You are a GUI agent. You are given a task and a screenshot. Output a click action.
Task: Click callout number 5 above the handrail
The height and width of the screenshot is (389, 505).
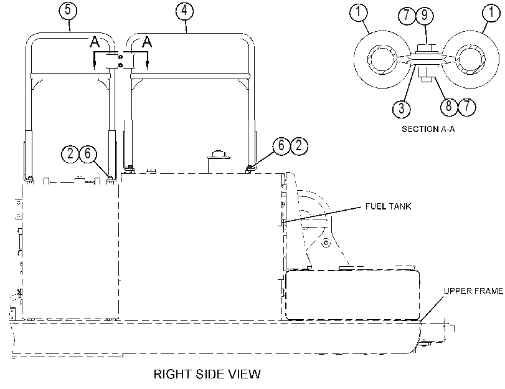tap(68, 10)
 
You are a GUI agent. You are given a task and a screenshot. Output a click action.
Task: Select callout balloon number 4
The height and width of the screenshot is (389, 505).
tap(184, 11)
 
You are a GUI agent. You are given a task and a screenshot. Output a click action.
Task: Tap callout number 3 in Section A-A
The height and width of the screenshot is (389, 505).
tap(401, 108)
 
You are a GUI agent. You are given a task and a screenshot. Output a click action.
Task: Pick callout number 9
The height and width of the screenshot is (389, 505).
tap(424, 15)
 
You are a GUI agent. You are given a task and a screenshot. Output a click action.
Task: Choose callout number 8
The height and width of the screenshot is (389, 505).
tap(448, 106)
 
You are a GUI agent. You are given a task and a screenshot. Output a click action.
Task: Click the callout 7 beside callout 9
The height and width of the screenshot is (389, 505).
tap(407, 15)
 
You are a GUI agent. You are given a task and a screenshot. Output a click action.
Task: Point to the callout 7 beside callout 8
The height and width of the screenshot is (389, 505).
tap(466, 106)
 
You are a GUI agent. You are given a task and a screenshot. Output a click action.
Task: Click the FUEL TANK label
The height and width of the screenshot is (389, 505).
tap(388, 206)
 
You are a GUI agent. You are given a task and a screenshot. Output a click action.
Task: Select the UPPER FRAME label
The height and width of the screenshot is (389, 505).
tap(473, 291)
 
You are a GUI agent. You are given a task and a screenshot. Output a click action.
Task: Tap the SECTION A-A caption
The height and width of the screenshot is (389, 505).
tap(428, 129)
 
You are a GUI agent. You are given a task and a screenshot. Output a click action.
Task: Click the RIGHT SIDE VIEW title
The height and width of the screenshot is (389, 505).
tap(207, 374)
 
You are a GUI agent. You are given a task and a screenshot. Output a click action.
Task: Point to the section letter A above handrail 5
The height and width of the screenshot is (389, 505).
tap(95, 42)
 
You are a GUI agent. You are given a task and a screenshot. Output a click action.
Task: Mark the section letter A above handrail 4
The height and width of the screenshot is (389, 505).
tap(147, 42)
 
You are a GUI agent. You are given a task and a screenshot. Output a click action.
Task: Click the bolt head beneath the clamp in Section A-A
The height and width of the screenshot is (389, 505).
tap(427, 75)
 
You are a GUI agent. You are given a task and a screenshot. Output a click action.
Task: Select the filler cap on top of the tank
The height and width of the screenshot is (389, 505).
tap(218, 154)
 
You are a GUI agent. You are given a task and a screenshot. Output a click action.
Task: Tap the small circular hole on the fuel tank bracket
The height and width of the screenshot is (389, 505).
tap(326, 243)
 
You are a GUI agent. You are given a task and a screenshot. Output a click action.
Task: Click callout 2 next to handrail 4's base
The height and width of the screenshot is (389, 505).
tap(299, 145)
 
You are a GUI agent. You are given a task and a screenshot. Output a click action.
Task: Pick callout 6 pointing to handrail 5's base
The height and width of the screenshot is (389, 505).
tap(88, 153)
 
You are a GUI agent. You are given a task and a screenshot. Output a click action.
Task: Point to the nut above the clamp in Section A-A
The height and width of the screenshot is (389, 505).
tap(426, 49)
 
